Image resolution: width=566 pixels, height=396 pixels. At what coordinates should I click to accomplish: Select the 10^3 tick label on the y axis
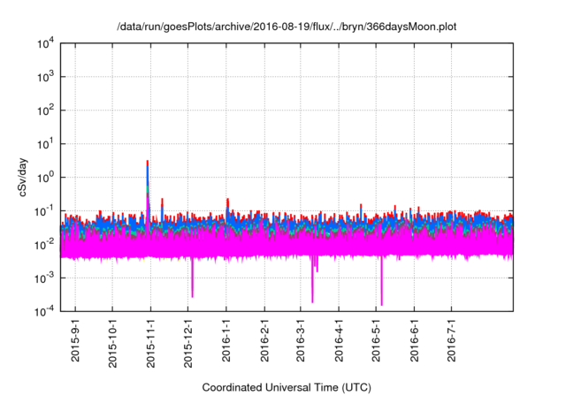coord(47,77)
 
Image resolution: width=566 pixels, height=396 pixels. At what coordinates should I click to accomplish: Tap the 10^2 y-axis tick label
coord(47,110)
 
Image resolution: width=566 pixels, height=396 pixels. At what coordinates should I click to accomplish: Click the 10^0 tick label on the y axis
coord(47,177)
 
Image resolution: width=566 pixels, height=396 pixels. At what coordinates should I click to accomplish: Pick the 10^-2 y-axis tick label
coord(45,244)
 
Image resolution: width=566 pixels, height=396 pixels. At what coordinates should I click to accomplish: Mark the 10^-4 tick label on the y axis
coord(45,310)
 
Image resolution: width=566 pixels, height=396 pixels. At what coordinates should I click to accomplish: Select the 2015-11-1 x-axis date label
coord(150,339)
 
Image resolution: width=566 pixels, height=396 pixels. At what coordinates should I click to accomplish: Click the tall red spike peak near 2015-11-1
coord(147,163)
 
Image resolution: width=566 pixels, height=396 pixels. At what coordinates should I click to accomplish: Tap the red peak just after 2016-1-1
coord(228,201)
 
